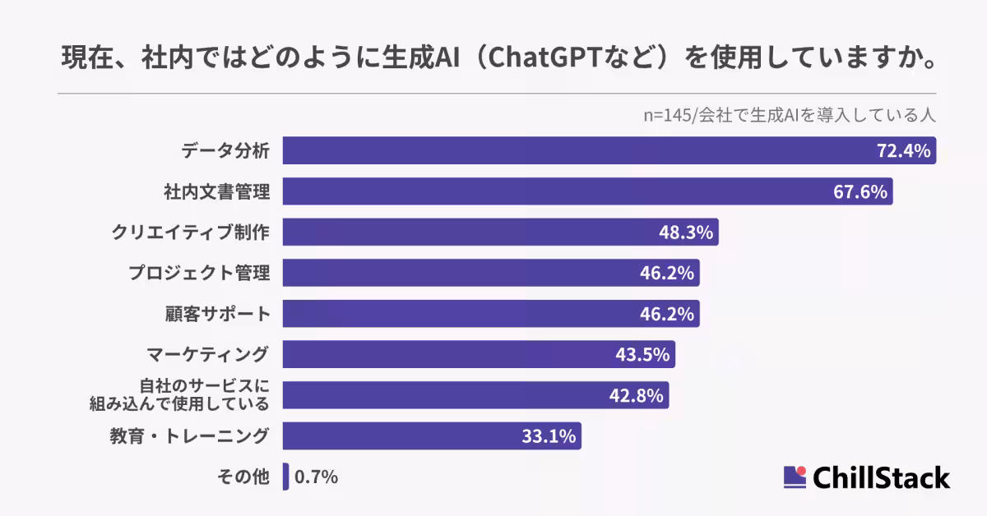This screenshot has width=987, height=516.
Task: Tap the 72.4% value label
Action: point(902,151)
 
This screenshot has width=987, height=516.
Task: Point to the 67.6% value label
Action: point(860,192)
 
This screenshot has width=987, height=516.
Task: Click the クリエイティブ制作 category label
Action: point(190,233)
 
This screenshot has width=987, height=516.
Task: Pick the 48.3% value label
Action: point(685,233)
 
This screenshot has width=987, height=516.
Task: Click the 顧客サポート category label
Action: point(217,314)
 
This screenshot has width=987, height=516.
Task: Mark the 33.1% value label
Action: point(549,436)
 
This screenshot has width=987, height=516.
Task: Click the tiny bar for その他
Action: point(285,477)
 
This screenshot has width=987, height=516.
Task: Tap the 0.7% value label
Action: point(316,477)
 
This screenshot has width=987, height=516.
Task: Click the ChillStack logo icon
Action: point(795,477)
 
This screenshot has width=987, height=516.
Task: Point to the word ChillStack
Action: point(881,477)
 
